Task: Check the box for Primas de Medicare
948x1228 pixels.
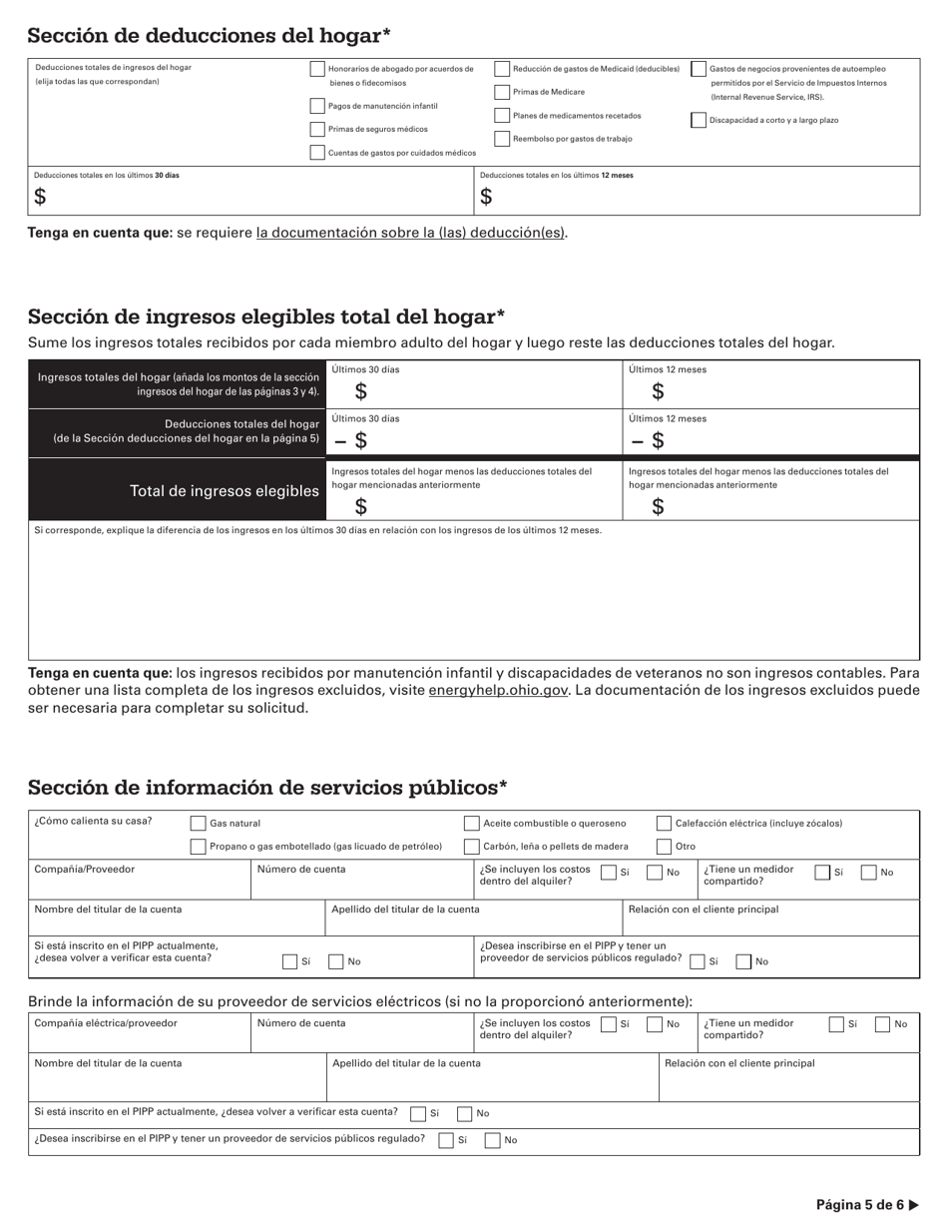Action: [503, 92]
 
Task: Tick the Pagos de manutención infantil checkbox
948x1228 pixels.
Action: [317, 106]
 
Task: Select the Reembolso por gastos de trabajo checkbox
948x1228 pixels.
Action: [503, 140]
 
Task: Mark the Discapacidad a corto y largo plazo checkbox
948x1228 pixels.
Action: [700, 120]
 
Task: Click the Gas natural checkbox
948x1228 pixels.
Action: [199, 824]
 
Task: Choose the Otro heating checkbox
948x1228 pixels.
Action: [664, 847]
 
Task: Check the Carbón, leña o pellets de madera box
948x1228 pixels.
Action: [472, 847]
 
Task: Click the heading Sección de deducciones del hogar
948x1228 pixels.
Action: [209, 36]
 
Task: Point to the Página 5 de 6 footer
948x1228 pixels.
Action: [859, 1205]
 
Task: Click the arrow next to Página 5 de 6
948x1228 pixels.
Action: [913, 1205]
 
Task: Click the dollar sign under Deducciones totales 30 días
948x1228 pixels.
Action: [40, 197]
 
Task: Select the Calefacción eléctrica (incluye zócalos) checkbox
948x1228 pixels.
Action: [664, 824]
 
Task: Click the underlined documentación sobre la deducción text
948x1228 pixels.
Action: [410, 233]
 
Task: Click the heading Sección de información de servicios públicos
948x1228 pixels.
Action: [267, 788]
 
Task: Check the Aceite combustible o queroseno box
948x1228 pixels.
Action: [472, 824]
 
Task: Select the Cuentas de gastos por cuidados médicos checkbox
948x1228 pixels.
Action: [317, 153]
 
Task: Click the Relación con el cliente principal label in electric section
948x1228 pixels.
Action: [739, 1063]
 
